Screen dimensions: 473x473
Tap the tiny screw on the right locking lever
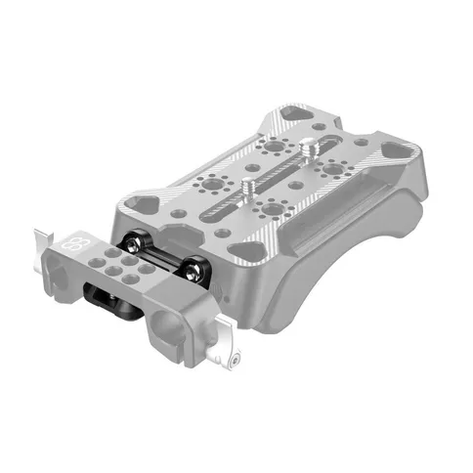click(x=237, y=363)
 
